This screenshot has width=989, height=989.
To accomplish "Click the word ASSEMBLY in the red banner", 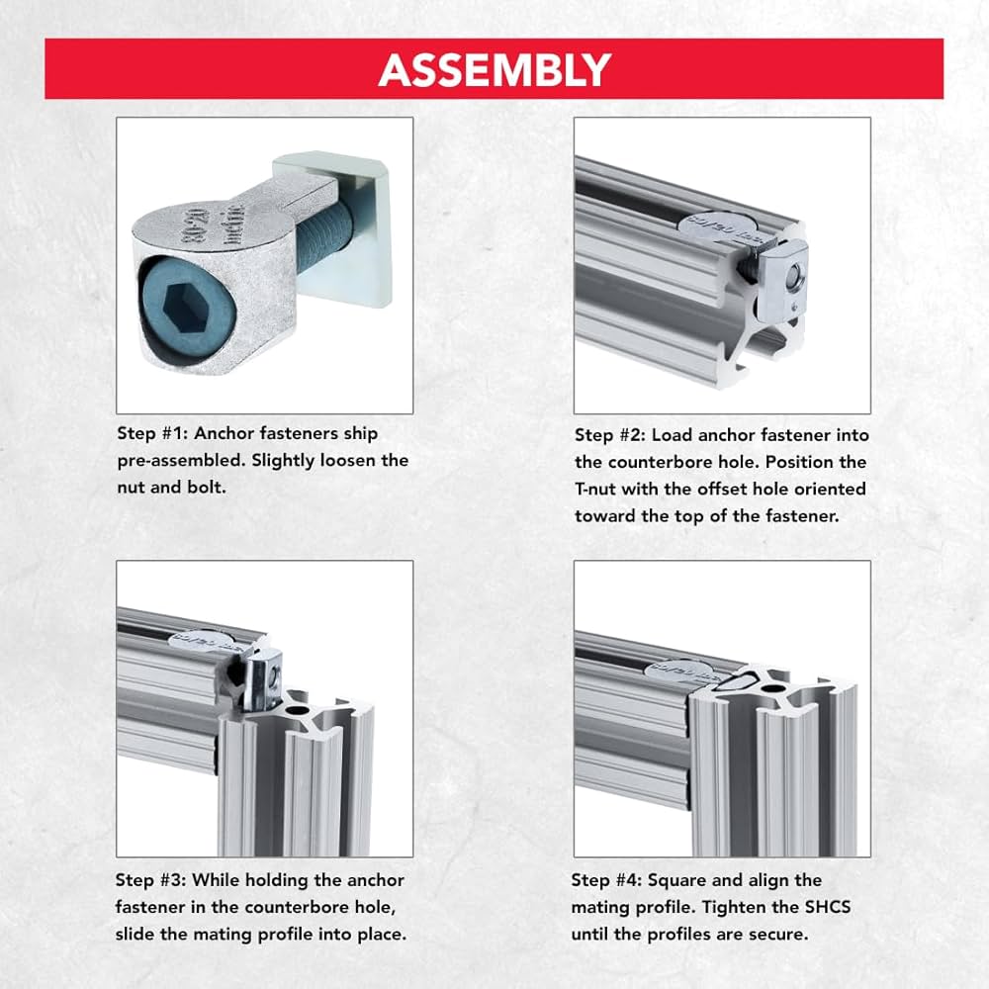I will tap(494, 69).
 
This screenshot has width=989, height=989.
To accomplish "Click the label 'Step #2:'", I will tap(608, 435).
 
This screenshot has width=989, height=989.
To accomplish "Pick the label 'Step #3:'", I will tap(149, 880).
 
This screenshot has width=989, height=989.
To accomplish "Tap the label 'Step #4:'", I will tap(605, 880).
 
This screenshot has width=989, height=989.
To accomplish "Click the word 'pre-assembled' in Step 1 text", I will tap(167, 460).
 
